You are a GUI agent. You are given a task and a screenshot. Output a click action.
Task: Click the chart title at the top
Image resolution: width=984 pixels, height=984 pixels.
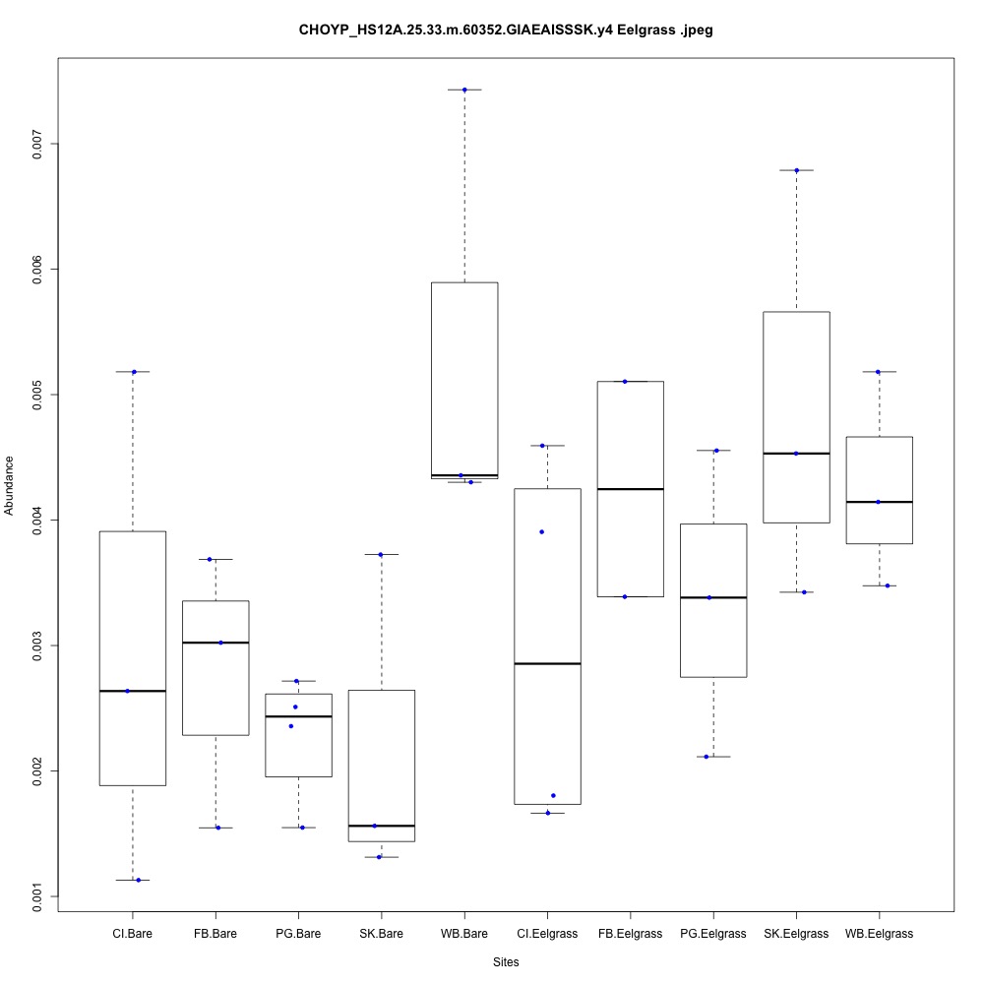tap(506, 31)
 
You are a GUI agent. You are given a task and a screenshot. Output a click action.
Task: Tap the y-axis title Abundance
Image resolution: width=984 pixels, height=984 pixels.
tap(10, 485)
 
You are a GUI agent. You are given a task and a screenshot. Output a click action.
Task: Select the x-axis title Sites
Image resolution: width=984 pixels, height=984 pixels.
tap(505, 961)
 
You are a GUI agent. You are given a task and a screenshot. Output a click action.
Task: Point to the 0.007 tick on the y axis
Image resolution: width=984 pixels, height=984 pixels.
tap(39, 144)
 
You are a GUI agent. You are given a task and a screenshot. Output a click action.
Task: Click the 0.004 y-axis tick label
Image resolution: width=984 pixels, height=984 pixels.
tap(39, 520)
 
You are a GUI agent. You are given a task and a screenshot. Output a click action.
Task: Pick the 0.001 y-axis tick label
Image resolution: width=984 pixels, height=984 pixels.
tap(39, 895)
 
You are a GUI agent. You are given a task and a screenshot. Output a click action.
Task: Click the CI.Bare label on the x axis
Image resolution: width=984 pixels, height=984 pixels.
tap(132, 933)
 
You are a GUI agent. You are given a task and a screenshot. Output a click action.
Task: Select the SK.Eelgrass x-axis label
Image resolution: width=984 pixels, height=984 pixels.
tap(796, 933)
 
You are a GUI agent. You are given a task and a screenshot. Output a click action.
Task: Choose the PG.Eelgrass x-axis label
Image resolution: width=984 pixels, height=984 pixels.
tap(713, 933)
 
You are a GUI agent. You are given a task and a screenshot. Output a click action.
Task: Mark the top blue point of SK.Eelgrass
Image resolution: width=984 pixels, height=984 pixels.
tap(796, 170)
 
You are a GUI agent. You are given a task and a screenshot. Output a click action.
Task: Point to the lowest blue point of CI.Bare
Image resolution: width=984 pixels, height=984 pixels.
tap(138, 880)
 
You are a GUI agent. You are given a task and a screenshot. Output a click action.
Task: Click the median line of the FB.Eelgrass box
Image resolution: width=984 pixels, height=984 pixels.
tap(630, 489)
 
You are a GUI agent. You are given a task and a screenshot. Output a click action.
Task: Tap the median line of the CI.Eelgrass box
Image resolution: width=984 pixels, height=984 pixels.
tap(547, 663)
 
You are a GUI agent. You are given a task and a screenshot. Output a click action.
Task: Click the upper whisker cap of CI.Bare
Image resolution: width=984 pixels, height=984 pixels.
tap(132, 372)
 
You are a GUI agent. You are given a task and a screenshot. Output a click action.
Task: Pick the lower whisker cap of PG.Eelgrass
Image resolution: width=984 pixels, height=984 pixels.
tap(713, 757)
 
